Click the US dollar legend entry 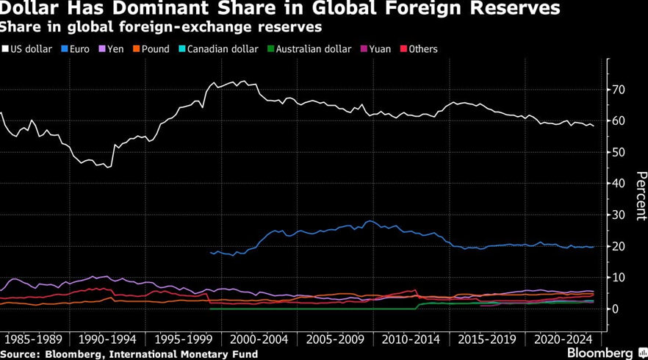[30, 49]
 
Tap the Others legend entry [422, 49]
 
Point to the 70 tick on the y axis [619, 90]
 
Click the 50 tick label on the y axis [619, 152]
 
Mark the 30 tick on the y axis [619, 215]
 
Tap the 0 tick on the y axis [616, 309]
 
